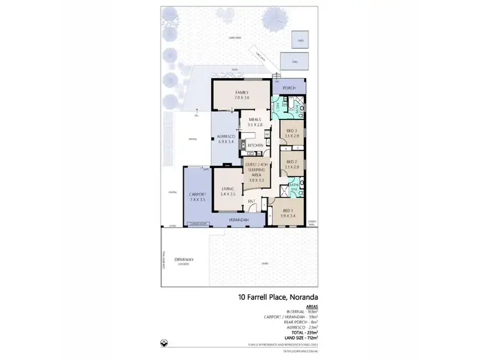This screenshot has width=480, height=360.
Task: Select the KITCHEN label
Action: coord(255,146)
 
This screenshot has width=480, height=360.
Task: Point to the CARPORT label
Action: coord(197,194)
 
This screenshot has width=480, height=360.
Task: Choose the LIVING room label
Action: coord(228,189)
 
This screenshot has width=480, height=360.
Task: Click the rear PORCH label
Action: coord(290,88)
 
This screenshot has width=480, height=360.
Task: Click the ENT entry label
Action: coord(252,201)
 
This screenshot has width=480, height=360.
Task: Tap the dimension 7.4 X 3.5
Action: coord(197,200)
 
